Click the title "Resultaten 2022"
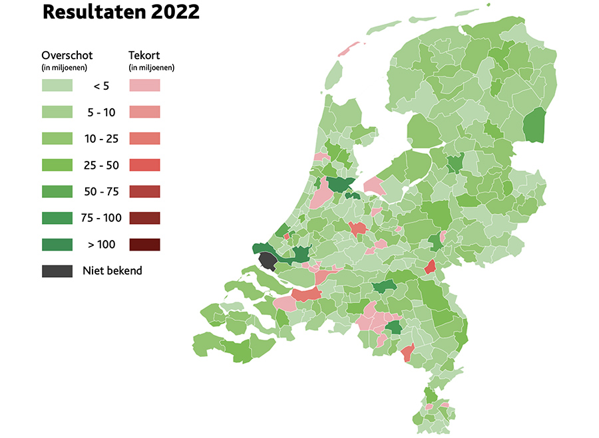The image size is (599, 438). click(x=120, y=13)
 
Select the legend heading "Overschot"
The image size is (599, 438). click(x=67, y=55)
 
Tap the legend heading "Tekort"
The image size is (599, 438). click(x=144, y=55)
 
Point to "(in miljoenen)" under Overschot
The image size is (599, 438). click(x=64, y=67)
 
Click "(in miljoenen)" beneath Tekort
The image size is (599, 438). click(x=151, y=67)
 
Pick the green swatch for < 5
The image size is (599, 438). click(x=57, y=85)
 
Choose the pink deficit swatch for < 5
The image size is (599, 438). click(x=144, y=85)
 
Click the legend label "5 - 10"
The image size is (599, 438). click(x=101, y=112)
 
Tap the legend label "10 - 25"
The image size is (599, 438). click(x=101, y=139)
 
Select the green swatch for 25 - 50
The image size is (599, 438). click(x=57, y=165)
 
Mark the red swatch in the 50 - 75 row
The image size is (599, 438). click(x=144, y=191)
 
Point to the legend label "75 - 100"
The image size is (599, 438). click(x=101, y=218)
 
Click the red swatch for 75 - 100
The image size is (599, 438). click(x=144, y=218)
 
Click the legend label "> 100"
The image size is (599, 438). click(x=101, y=245)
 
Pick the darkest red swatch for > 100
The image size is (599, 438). click(x=144, y=245)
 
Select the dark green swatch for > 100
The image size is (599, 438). click(x=57, y=245)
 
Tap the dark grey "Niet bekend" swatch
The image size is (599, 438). click(x=57, y=271)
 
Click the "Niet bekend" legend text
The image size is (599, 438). click(x=112, y=271)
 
